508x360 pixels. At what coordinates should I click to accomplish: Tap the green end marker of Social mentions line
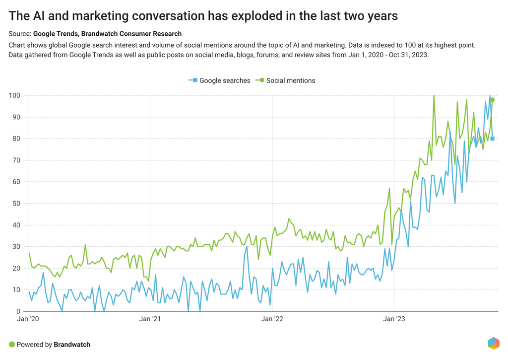(x=492, y=100)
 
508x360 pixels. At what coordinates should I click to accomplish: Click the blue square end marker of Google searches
(x=492, y=139)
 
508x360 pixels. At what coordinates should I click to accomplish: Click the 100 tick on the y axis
(x=14, y=95)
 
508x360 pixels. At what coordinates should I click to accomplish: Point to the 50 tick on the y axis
(x=16, y=204)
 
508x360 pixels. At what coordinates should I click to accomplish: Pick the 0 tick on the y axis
(x=18, y=311)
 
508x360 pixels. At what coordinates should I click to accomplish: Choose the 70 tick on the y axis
(x=16, y=160)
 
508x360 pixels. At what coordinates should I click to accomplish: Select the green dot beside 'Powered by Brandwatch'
(x=11, y=344)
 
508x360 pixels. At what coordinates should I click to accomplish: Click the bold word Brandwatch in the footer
(x=72, y=344)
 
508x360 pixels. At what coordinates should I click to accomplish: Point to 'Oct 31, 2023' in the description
(x=406, y=55)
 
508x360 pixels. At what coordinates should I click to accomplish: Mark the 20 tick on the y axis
(x=16, y=268)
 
